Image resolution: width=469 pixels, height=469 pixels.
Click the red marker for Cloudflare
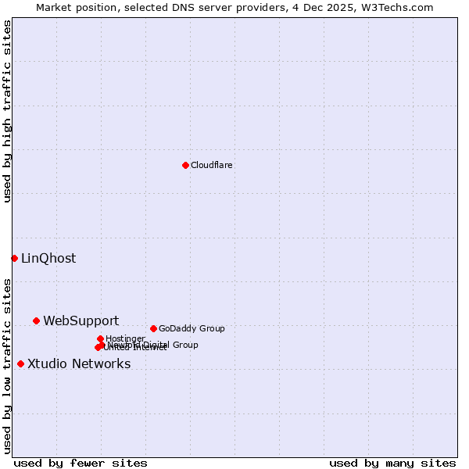pyautogui.click(x=185, y=165)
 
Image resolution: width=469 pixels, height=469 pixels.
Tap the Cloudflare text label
pyautogui.click(x=211, y=165)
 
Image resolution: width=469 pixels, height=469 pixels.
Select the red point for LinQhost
pyautogui.click(x=14, y=258)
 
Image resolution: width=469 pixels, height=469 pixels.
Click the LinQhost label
pyautogui.click(x=48, y=259)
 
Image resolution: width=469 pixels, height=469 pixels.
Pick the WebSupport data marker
pyautogui.click(x=36, y=320)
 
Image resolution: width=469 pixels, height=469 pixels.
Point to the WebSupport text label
pyautogui.click(x=81, y=321)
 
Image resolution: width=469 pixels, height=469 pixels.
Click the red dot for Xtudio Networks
pyautogui.click(x=20, y=363)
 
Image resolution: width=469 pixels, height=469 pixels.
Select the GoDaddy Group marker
pyautogui.click(x=153, y=328)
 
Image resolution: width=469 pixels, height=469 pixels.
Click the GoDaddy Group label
pyautogui.click(x=192, y=328)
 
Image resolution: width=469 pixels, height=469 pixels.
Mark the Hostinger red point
pyautogui.click(x=100, y=338)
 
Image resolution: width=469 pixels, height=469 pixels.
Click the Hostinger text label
pyautogui.click(x=125, y=338)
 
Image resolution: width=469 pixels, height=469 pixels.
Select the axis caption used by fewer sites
pyautogui.click(x=81, y=463)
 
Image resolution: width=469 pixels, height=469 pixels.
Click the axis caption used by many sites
pyautogui.click(x=392, y=463)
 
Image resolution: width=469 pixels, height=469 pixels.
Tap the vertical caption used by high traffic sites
pyautogui.click(x=7, y=111)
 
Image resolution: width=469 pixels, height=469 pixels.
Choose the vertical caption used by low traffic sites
pyautogui.click(x=7, y=365)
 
